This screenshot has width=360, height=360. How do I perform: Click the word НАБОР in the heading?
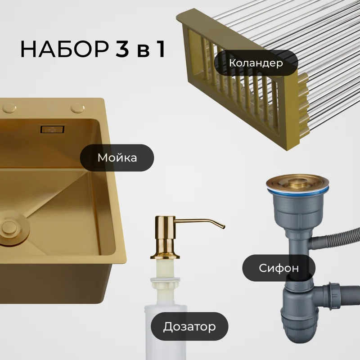pos(64,49)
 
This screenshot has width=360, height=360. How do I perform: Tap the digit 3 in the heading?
pos(122,49)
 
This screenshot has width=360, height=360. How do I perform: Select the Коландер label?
pos(256,63)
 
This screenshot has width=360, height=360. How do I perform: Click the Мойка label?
pos(117,158)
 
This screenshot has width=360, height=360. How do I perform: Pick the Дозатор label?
pos(189,326)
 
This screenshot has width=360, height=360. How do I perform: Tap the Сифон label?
pos(279,268)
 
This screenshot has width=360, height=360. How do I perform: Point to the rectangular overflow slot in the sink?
pos(52,130)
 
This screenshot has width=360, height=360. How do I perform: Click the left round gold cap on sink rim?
pos(9,108)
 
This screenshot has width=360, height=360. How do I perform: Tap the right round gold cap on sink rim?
pos(77,108)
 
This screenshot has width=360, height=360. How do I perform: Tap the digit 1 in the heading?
pos(161,49)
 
